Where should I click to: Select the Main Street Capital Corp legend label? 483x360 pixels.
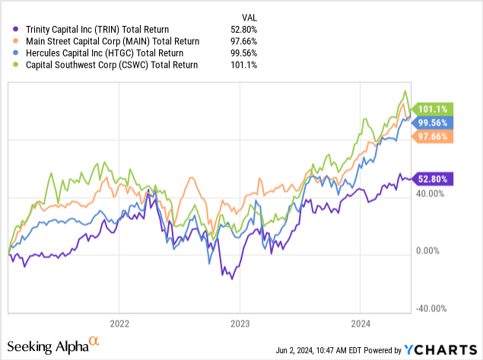point(107,41)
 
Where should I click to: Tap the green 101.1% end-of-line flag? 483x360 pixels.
point(433,109)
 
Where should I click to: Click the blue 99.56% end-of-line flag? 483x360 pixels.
point(433,122)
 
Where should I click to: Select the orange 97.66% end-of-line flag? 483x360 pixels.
point(433,136)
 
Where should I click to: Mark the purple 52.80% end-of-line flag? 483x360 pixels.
point(433,179)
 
